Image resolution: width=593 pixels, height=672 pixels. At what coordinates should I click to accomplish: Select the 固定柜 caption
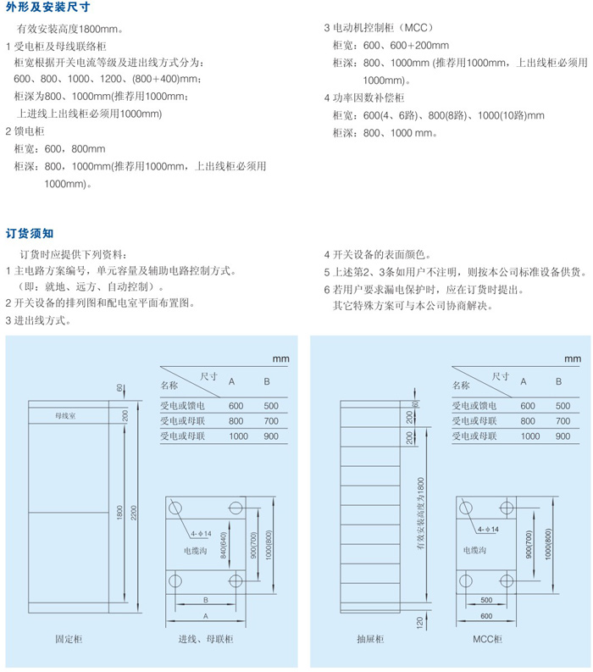pyautogui.click(x=68, y=640)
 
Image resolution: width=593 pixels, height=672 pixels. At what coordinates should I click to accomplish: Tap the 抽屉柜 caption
pyautogui.click(x=370, y=640)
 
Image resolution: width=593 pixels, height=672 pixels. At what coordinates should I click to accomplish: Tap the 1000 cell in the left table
pyautogui.click(x=236, y=436)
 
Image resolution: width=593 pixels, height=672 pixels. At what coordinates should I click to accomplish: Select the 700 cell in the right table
pyautogui.click(x=558, y=420)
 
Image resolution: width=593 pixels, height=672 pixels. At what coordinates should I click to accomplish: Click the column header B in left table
pyautogui.click(x=267, y=382)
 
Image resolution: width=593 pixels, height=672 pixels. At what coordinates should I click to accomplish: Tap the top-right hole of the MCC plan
pyautogui.click(x=506, y=508)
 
